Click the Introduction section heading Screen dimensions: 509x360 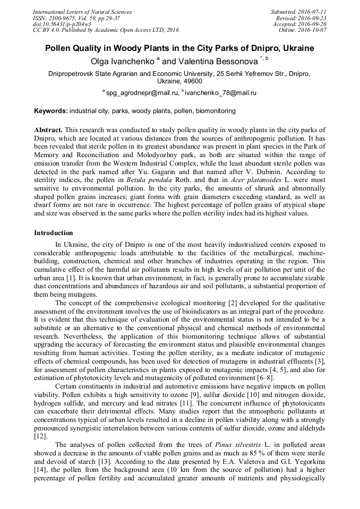click(x=54, y=233)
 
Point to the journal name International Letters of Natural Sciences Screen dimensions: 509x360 click(x=82, y=12)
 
